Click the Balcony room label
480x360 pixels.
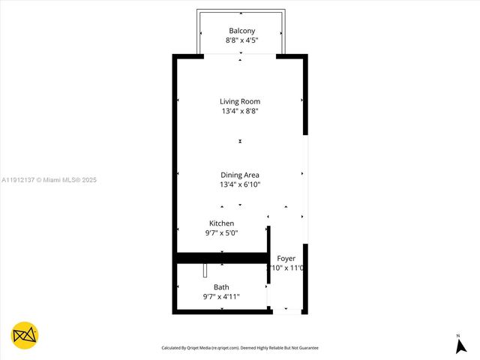click(241, 31)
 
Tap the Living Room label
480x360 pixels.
click(240, 101)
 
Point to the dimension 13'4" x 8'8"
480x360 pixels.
click(240, 111)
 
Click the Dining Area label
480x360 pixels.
click(240, 175)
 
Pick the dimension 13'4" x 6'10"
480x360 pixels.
click(240, 184)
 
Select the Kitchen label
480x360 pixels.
click(221, 223)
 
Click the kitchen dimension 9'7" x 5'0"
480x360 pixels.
click(221, 233)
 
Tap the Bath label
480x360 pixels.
click(221, 287)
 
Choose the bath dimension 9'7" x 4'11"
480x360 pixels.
click(221, 297)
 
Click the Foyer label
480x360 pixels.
click(286, 258)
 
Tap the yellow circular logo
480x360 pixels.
click(24, 334)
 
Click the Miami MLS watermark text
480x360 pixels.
click(49, 180)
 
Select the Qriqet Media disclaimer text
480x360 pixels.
click(240, 348)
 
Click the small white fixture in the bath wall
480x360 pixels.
click(205, 271)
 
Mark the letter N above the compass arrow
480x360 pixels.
click(457, 335)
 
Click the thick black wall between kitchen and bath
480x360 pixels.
click(221, 258)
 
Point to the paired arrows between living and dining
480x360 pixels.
click(240, 140)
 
